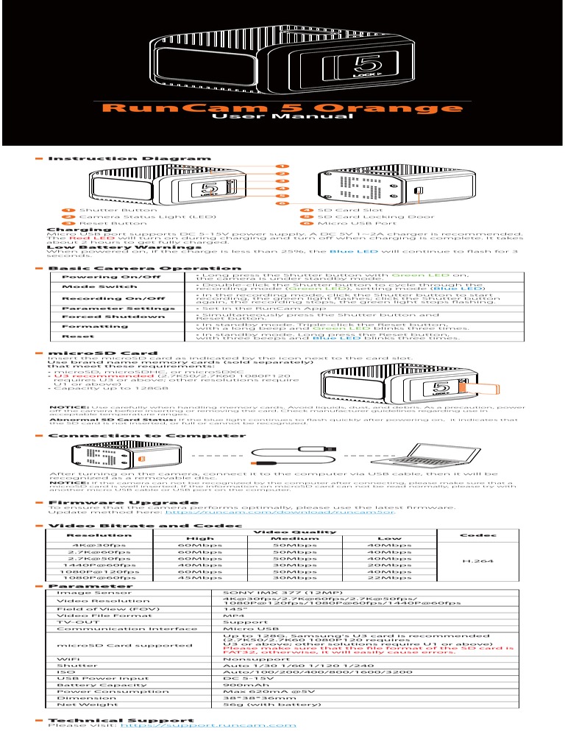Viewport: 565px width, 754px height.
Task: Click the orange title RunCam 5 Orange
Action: [x=282, y=109]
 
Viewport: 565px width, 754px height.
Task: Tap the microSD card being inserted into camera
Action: [x=474, y=387]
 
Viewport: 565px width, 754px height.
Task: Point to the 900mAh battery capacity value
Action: [x=239, y=685]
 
